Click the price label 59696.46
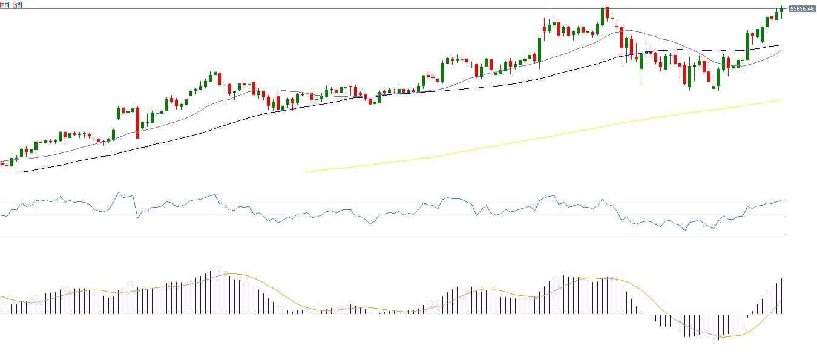click(x=801, y=8)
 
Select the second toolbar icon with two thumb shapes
click(x=16, y=5)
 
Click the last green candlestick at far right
click(x=782, y=9)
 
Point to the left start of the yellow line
click(x=305, y=172)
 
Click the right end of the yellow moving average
click(x=781, y=100)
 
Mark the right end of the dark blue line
click(x=781, y=45)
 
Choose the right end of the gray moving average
click(x=781, y=51)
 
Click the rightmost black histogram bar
click(x=782, y=296)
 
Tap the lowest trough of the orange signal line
click(x=723, y=337)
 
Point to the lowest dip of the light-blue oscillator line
click(x=685, y=231)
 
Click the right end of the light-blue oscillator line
click(x=782, y=200)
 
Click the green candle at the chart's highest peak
click(x=603, y=15)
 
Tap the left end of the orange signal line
click(x=1, y=296)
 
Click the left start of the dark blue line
click(x=20, y=172)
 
